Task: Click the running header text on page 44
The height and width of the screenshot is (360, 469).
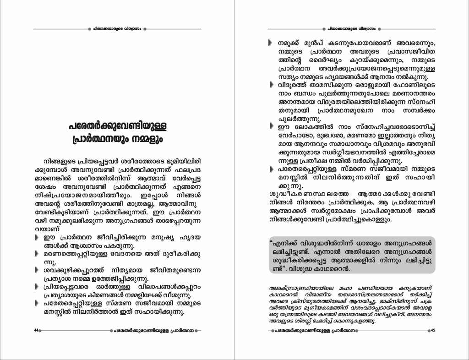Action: point(117,28)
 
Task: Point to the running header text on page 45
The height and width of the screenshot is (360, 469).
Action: point(351,28)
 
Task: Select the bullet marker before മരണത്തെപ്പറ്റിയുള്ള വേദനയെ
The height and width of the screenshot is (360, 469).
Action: point(37,253)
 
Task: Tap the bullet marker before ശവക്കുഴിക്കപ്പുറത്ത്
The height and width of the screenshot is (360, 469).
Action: point(37,270)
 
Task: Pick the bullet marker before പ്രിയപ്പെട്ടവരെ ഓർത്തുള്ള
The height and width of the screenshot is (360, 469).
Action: point(37,287)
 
